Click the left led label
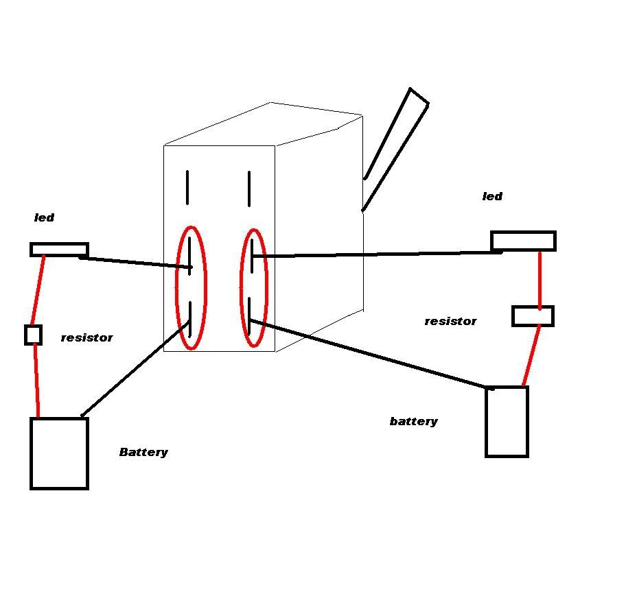click(44, 218)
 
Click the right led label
click(492, 197)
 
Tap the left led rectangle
click(59, 250)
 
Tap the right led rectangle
click(523, 241)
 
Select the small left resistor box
click(33, 335)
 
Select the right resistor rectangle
click(533, 316)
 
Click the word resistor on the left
click(86, 337)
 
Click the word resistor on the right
click(450, 321)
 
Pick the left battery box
click(59, 453)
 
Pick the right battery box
click(507, 421)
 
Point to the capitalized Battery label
click(143, 452)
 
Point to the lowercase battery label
click(413, 421)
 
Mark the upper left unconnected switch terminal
click(187, 187)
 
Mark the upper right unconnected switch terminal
click(249, 188)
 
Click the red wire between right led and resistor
click(540, 279)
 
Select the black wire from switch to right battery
click(371, 355)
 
